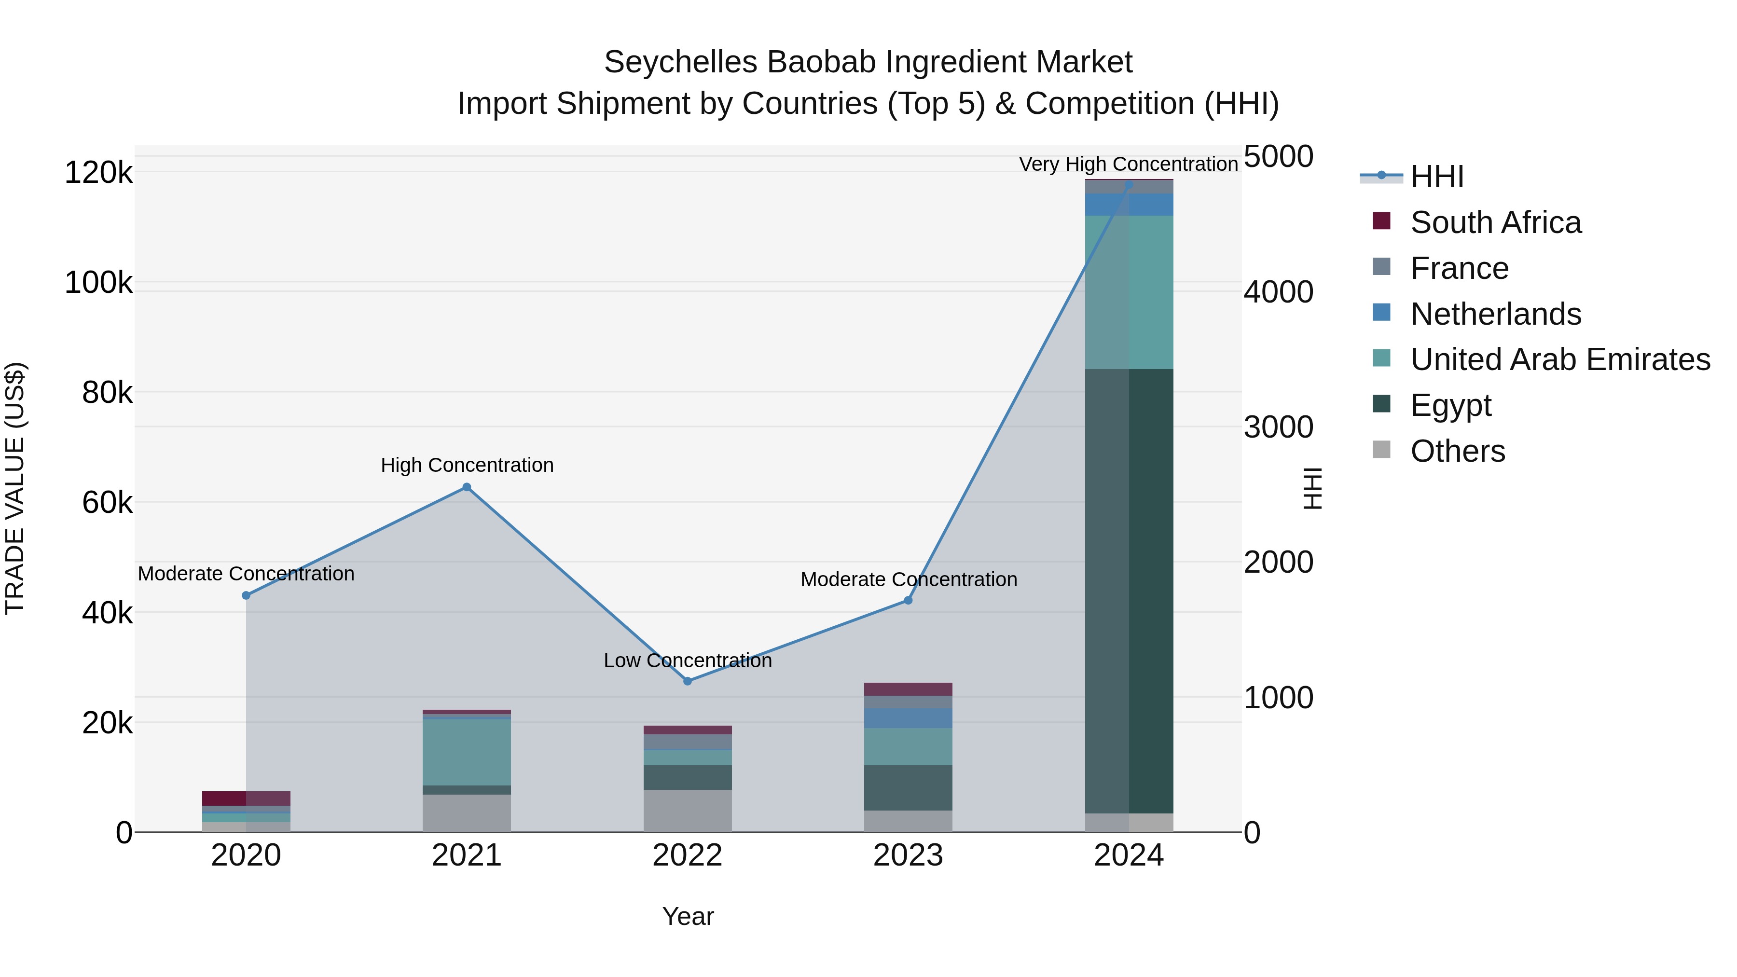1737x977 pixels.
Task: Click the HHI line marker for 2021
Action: (x=467, y=487)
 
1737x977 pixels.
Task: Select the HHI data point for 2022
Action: (x=687, y=681)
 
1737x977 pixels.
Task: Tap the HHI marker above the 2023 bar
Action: (x=908, y=600)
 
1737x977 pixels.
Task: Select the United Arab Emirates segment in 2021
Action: (x=467, y=752)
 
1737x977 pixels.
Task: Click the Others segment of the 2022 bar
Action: (x=687, y=811)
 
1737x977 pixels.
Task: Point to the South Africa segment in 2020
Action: (x=246, y=798)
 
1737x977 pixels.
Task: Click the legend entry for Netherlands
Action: (x=1496, y=314)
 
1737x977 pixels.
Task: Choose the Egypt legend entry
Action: (x=1450, y=405)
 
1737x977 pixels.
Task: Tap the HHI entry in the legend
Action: (x=1436, y=177)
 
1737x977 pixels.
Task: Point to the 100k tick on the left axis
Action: (x=98, y=283)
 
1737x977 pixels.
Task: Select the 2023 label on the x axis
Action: (x=908, y=855)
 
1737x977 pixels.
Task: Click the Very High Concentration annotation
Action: (x=1128, y=164)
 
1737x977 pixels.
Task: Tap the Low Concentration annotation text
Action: (x=687, y=661)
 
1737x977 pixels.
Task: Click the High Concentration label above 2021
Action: (x=467, y=465)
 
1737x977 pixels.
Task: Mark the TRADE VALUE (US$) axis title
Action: (x=15, y=488)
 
